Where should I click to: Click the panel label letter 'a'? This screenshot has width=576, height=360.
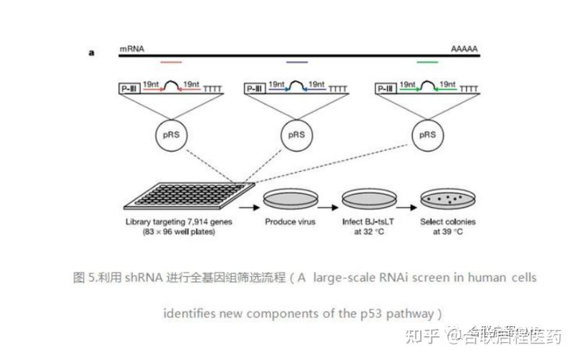92,53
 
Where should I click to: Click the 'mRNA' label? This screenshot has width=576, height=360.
132,48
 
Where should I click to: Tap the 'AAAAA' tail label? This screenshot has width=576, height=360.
464,48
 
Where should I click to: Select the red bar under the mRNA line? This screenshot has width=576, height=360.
171,63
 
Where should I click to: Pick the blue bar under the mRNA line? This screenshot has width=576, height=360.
297,63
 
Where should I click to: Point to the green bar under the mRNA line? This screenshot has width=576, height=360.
427,63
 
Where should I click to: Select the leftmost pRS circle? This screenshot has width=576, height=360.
171,135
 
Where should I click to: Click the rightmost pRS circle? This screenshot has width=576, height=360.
427,135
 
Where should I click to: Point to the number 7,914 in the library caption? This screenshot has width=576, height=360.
209,222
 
